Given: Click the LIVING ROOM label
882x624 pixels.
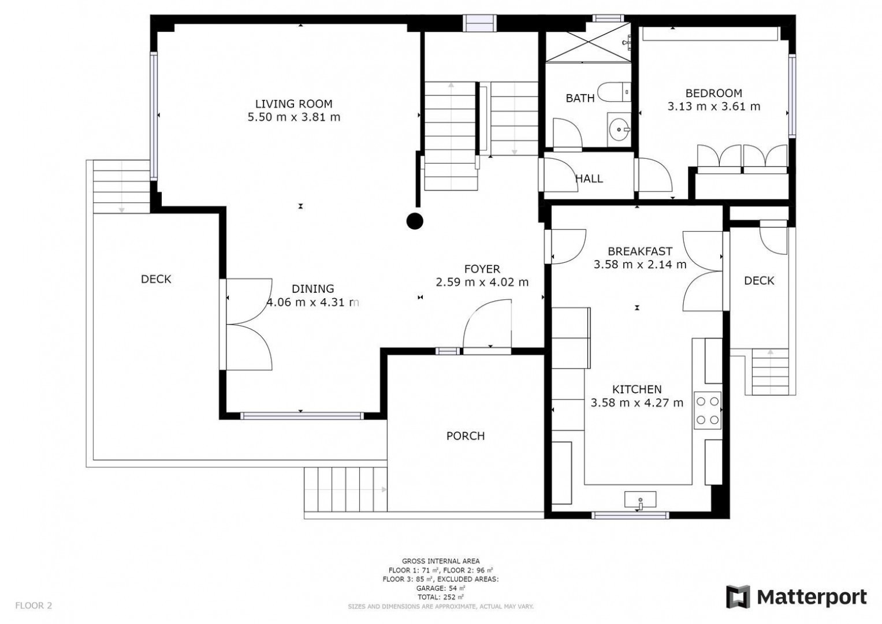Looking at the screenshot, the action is click(294, 103).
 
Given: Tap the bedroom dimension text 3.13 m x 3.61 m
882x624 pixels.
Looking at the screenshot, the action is click(713, 106).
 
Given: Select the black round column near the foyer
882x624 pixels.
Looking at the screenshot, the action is click(415, 221).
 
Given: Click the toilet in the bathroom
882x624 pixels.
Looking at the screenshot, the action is click(614, 92).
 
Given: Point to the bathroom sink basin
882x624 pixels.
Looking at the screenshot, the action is click(619, 129).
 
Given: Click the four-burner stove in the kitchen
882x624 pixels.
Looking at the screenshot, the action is click(708, 410).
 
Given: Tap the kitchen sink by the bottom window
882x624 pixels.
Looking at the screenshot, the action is click(640, 500).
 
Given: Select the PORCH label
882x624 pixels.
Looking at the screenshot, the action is click(466, 436).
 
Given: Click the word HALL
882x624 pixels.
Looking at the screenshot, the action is click(589, 179).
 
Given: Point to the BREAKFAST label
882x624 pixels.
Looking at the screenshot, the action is click(640, 251).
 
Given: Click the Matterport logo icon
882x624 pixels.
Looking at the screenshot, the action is click(738, 597).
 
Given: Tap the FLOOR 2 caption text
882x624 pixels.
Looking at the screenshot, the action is click(34, 606).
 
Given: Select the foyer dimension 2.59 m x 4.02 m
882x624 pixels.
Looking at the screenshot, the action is click(482, 282).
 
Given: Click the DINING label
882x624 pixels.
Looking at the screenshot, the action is click(312, 289).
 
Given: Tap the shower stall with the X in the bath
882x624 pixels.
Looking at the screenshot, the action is click(588, 42).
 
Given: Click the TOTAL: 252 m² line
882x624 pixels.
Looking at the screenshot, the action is click(441, 597).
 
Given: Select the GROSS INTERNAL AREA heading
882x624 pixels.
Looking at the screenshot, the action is click(441, 561).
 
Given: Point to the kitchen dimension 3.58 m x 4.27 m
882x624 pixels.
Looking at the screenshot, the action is click(637, 403).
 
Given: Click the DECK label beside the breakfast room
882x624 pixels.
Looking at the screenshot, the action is click(759, 280).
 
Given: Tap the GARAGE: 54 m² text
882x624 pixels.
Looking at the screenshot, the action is click(441, 588).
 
